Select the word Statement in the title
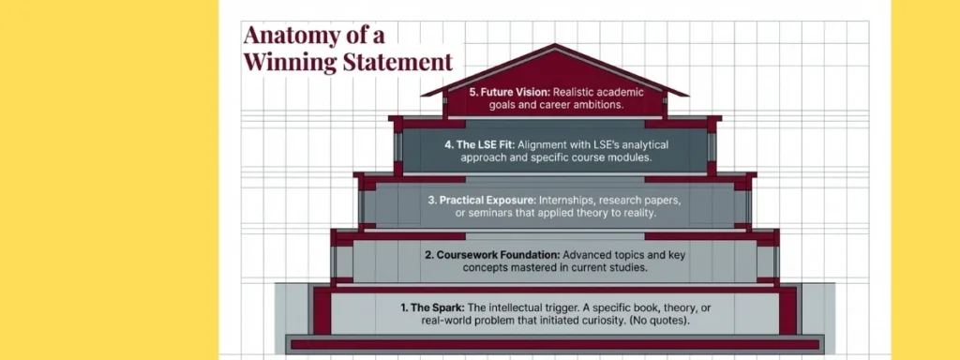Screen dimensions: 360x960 [401, 63]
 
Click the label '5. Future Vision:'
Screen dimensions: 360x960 [508, 93]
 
